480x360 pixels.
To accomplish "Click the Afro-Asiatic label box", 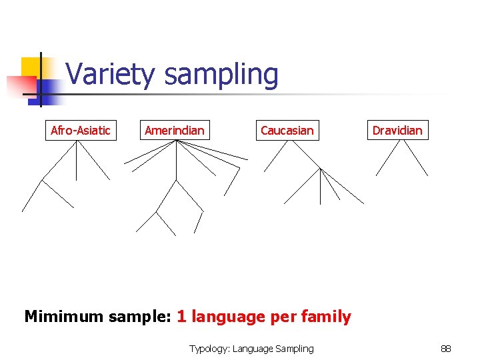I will coord(81,130).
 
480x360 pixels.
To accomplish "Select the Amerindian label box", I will coord(175,130).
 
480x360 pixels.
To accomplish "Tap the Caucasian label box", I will coord(287,130).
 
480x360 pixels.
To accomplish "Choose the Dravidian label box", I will coord(397,130).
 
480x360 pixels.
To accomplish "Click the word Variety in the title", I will coord(112,75).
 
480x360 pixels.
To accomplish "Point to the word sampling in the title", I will coord(221,75).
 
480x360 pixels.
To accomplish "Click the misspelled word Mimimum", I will coord(60,316).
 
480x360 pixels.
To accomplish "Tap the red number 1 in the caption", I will coord(181,316).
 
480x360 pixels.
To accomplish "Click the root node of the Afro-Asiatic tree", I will coord(76,142).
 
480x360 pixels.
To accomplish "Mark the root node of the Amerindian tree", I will coord(175,141).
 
